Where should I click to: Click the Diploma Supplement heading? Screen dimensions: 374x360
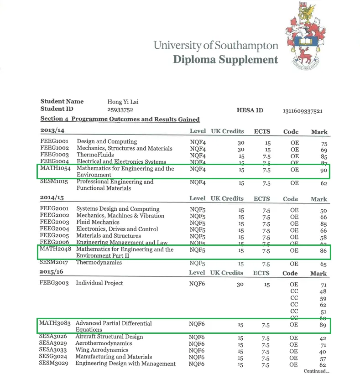[225, 60]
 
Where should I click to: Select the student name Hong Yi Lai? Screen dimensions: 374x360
[123, 101]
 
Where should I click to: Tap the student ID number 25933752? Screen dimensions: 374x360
[120, 109]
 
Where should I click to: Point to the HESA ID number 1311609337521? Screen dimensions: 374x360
[303, 111]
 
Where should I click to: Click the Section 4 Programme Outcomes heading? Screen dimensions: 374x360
[120, 119]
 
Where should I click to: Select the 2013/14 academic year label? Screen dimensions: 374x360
[52, 131]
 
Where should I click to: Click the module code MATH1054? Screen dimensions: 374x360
[55, 169]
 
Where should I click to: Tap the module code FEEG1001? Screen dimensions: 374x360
[54, 141]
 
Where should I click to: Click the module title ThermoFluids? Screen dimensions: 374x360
[95, 155]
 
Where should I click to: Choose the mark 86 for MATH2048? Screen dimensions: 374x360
[323, 251]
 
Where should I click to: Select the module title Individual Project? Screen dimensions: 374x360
[99, 283]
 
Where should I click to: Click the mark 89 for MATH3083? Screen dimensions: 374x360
[323, 325]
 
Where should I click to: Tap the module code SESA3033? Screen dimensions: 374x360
[53, 350]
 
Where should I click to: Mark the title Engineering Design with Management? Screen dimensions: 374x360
[125, 364]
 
